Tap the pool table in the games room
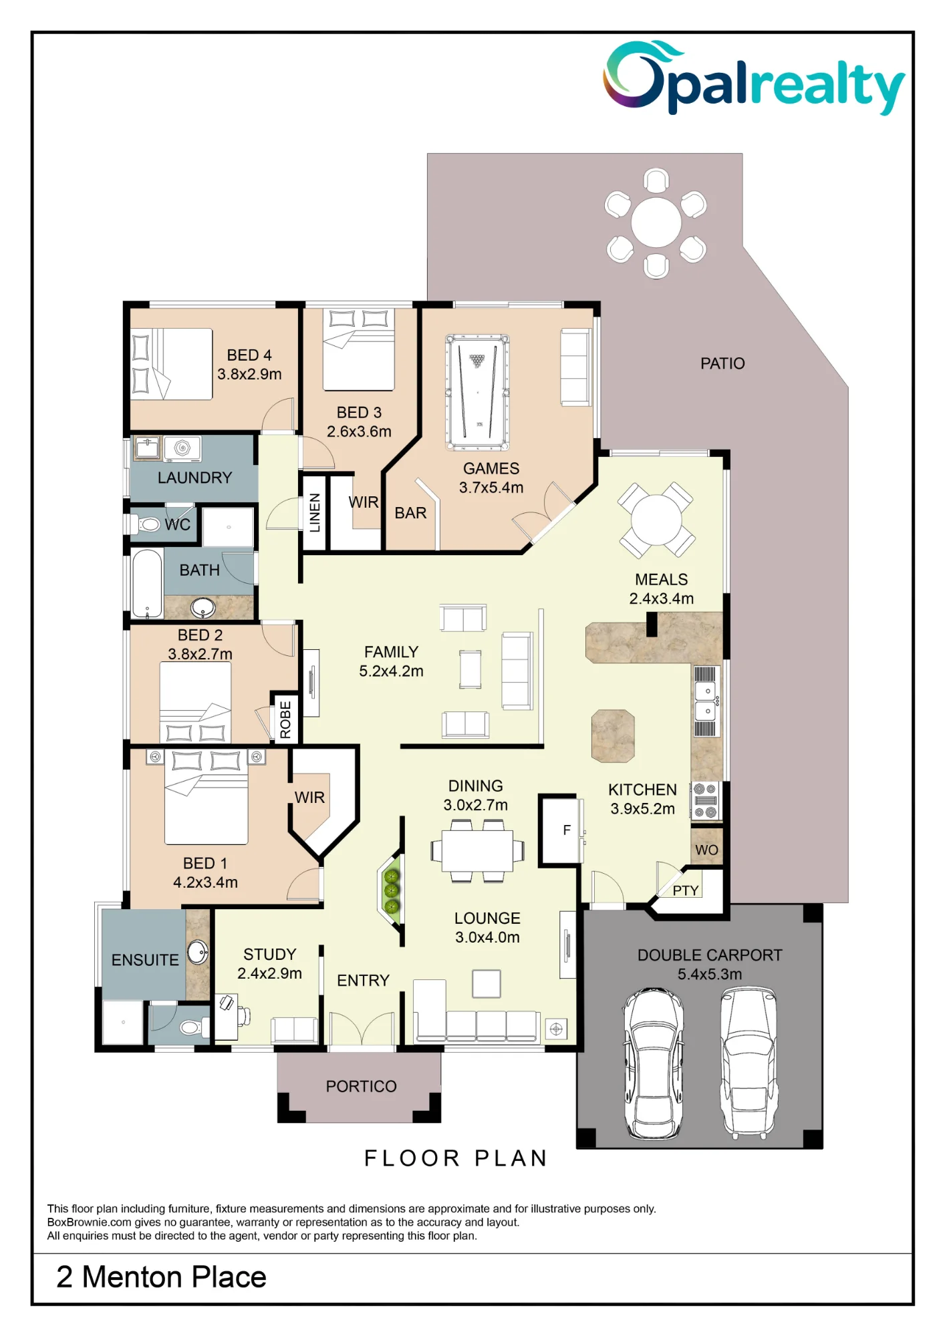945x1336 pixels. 477,392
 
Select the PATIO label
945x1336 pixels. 722,363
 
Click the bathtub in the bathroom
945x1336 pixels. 147,583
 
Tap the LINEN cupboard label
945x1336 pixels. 315,513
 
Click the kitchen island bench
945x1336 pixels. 613,736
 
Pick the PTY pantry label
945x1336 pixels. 686,890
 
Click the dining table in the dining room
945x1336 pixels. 477,851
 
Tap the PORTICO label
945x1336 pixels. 361,1086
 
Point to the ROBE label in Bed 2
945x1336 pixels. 285,719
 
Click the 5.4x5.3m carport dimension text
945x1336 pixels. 710,974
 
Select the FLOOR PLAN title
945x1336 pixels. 456,1158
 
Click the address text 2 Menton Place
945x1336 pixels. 161,1277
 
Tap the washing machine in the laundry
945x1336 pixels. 182,449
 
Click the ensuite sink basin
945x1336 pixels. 197,952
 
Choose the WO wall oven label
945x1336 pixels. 706,850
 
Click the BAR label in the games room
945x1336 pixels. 410,513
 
